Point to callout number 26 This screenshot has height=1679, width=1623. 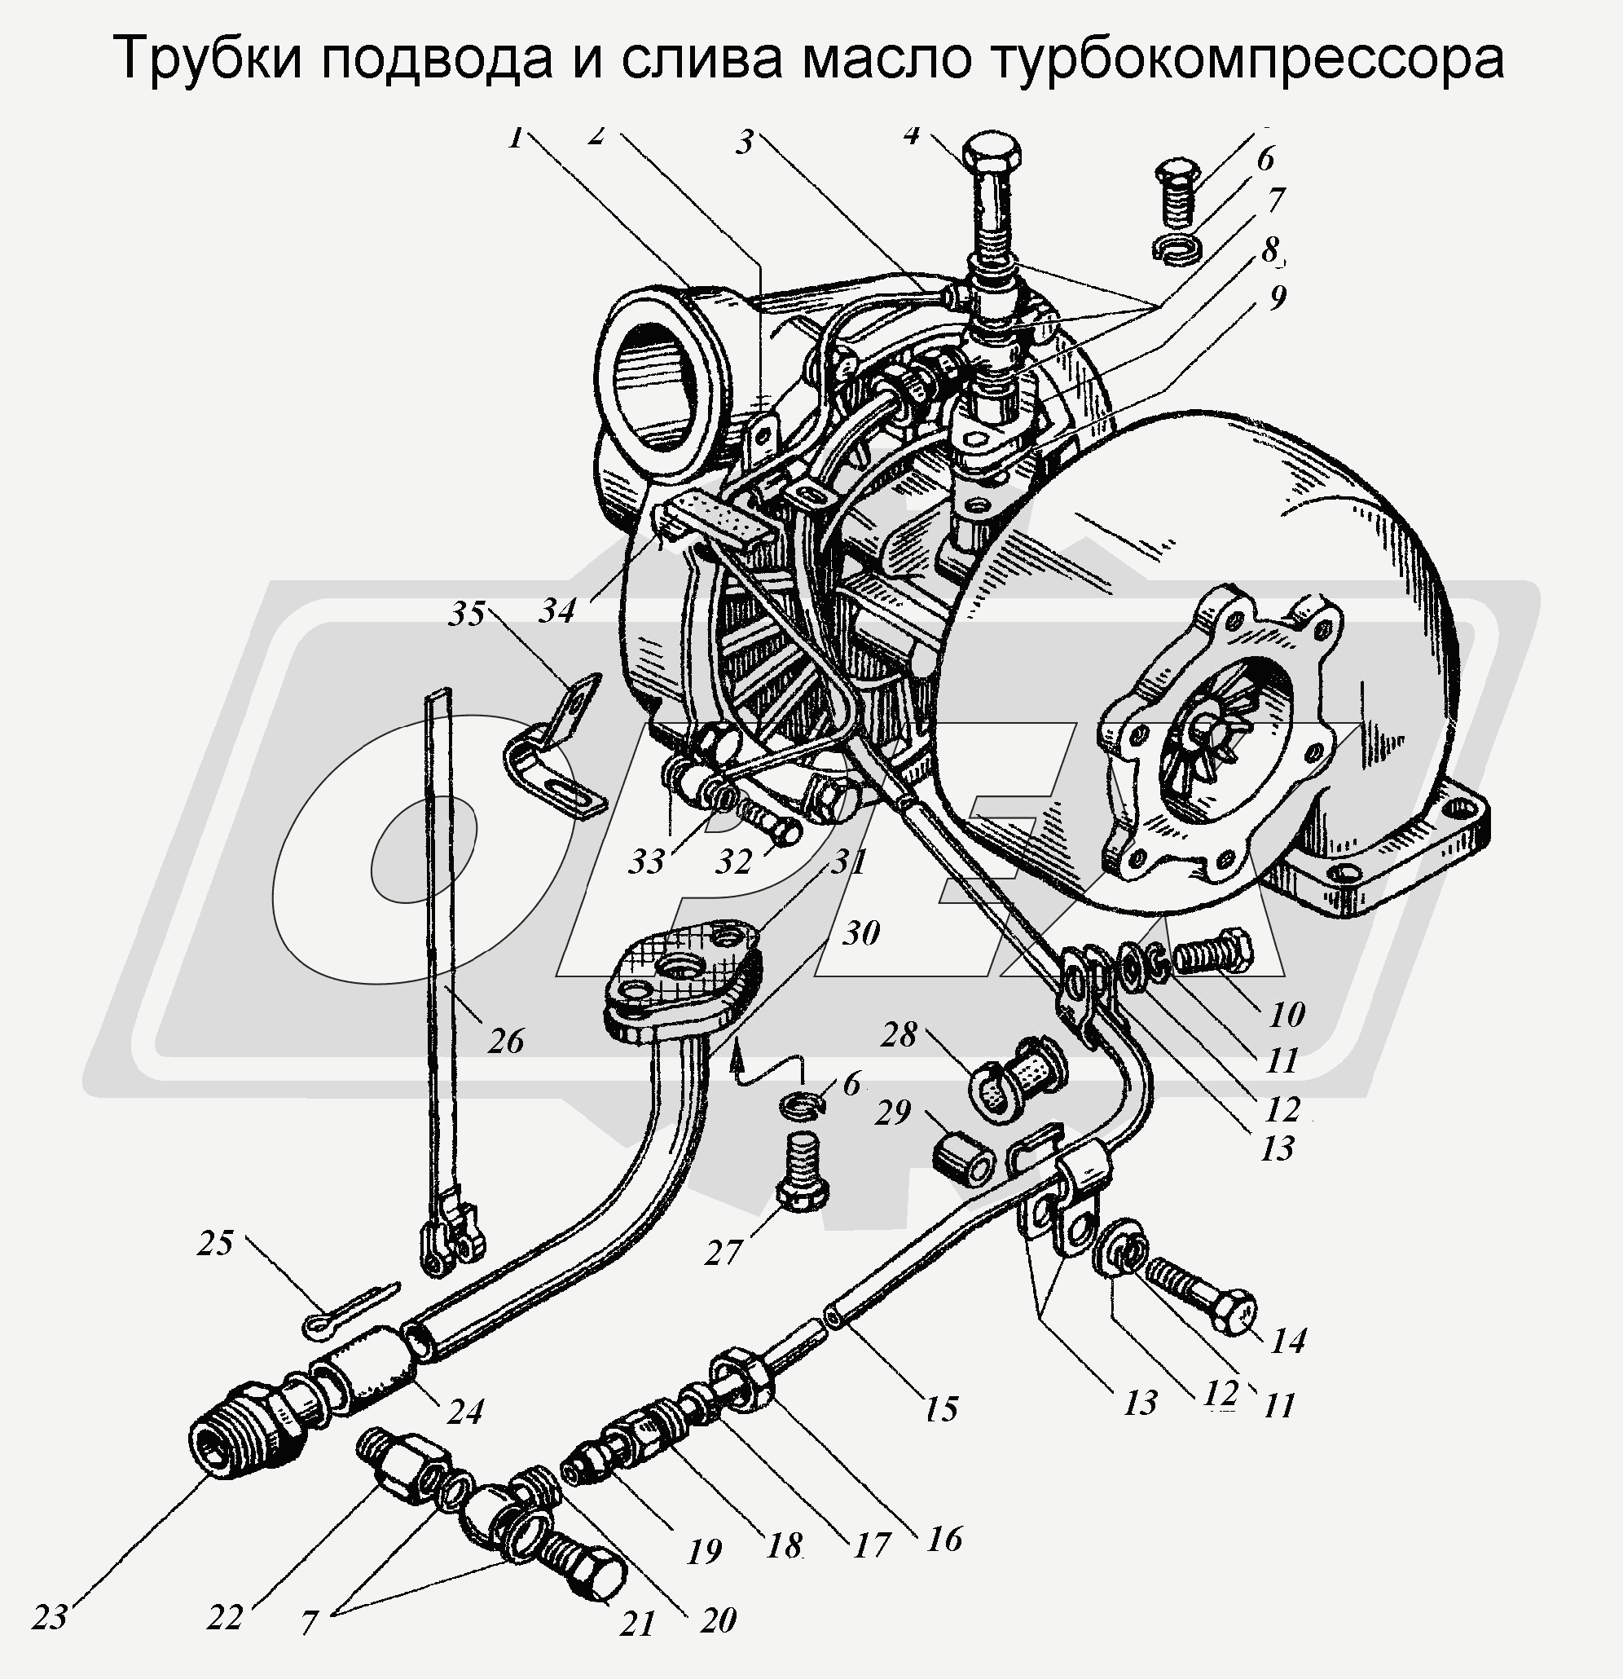point(505,1042)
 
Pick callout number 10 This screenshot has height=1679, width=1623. point(1286,1013)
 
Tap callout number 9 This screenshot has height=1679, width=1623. point(1277,297)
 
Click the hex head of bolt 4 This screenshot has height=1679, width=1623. point(992,153)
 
